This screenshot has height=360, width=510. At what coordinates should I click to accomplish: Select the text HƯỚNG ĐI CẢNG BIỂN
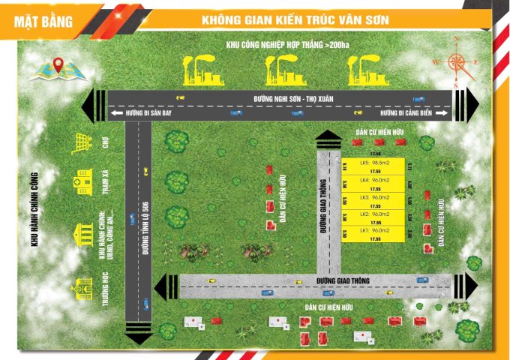[x=406, y=112]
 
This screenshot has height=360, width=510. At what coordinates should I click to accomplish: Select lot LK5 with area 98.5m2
[x=372, y=163]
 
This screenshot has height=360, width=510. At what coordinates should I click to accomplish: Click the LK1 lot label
[x=372, y=230]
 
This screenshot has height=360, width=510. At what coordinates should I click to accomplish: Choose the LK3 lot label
[x=372, y=197]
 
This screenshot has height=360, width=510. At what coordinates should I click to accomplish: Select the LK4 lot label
[x=372, y=180]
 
